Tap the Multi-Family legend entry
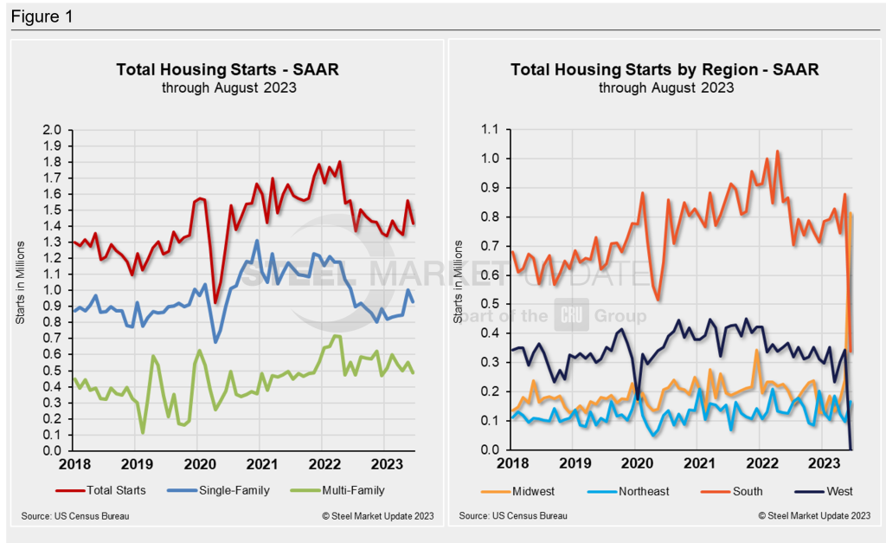[x=349, y=490]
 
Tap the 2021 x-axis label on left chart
[x=260, y=464]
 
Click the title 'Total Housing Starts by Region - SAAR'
[x=664, y=69]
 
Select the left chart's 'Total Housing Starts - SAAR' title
[x=228, y=69]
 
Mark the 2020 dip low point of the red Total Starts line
[x=215, y=302]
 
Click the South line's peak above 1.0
[x=777, y=152]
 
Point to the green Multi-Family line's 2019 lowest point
[x=143, y=432]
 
